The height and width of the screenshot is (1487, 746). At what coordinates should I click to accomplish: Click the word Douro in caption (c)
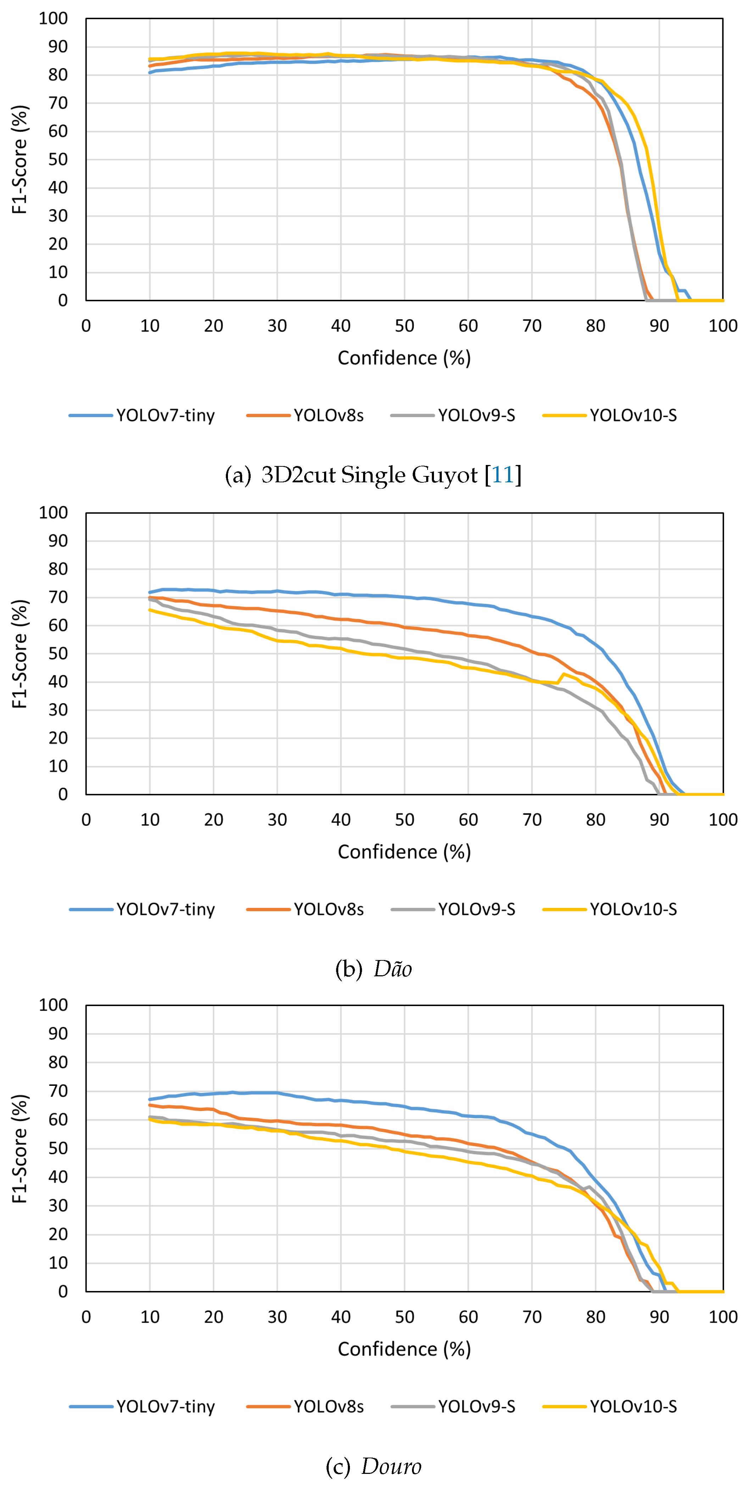(x=391, y=1466)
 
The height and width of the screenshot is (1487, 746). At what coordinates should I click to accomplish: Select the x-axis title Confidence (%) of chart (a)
(x=404, y=358)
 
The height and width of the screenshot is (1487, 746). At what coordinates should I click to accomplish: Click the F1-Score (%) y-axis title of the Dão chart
(x=20, y=653)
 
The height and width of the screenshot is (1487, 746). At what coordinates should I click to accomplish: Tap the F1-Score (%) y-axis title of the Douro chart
(x=20, y=1148)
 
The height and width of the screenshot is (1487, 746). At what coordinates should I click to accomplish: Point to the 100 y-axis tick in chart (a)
(x=53, y=18)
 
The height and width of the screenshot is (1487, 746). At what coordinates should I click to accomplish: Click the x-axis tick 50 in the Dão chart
(x=404, y=820)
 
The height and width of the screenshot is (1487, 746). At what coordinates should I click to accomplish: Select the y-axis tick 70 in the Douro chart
(x=58, y=1090)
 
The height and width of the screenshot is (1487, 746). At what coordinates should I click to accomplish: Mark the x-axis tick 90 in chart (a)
(x=659, y=326)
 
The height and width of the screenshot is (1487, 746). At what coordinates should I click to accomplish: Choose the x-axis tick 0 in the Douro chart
(x=86, y=1317)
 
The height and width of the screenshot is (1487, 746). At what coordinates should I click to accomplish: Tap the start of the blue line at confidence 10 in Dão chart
(x=150, y=592)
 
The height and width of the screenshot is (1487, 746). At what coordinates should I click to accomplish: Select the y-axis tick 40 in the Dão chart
(x=58, y=682)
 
